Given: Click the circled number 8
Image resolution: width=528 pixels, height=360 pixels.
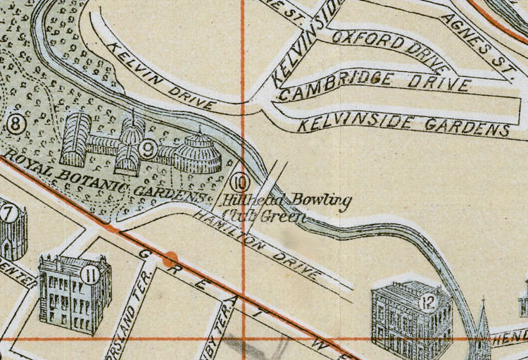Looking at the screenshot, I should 15,125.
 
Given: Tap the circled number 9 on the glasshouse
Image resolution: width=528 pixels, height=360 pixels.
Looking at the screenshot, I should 147,148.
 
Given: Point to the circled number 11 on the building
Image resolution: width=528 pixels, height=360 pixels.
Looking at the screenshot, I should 90,275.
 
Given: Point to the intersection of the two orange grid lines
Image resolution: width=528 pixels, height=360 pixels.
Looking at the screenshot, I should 243,339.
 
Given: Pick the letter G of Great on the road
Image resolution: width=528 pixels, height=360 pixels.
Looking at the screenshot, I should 143,254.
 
